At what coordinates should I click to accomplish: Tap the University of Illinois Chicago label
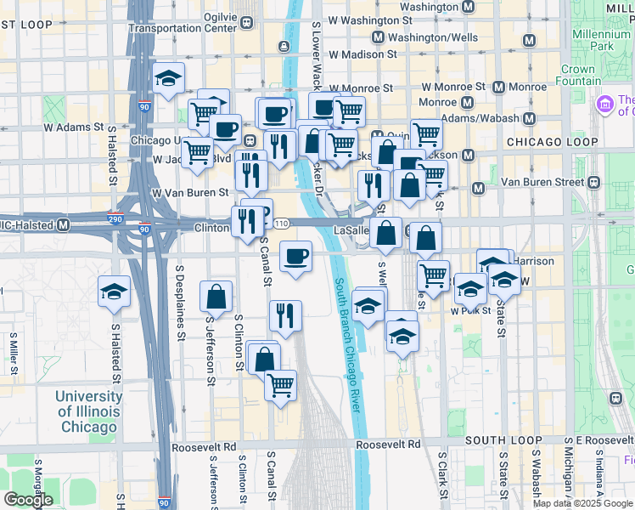(x=89, y=411)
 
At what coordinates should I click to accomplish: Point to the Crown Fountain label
(x=578, y=76)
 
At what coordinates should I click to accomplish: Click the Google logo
(x=28, y=500)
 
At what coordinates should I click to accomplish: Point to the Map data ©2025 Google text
(x=583, y=503)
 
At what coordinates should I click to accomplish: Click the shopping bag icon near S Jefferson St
(x=216, y=297)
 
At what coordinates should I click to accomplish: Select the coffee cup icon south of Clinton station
(x=295, y=256)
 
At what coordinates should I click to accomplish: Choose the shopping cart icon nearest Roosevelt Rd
(x=280, y=385)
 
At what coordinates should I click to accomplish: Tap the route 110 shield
(x=282, y=223)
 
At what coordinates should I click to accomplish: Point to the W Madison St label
(x=362, y=54)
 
